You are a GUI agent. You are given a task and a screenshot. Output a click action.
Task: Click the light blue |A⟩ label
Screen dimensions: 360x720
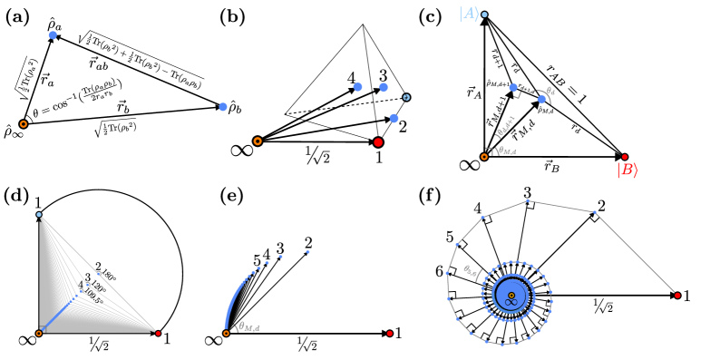click(x=468, y=14)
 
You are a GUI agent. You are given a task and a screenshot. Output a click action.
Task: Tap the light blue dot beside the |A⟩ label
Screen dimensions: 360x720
click(x=484, y=15)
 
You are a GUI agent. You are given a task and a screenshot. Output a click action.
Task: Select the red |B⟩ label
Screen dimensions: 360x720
click(x=627, y=170)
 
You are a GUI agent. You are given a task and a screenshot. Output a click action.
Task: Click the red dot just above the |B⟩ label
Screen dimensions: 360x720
click(x=624, y=157)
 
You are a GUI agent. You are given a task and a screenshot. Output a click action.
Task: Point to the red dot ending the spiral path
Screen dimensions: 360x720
click(x=677, y=296)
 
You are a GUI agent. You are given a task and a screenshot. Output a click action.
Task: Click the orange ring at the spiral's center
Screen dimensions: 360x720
click(x=511, y=296)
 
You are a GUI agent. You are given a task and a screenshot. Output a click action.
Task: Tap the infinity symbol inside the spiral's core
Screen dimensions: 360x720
click(x=510, y=303)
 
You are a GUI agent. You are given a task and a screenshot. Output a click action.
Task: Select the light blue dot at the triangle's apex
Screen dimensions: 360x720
click(x=39, y=215)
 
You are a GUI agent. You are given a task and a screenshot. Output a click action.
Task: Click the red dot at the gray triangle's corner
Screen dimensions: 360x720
click(x=158, y=334)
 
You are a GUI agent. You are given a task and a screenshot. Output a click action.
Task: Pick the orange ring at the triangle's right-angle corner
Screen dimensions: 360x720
click(x=39, y=334)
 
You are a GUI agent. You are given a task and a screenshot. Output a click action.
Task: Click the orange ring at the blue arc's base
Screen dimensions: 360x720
click(x=226, y=334)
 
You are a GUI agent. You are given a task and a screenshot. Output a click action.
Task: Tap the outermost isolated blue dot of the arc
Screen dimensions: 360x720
click(x=307, y=252)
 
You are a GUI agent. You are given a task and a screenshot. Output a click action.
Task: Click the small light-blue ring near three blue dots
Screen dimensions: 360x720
click(x=406, y=97)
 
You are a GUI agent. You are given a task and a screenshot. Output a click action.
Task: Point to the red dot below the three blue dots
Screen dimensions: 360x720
click(x=378, y=142)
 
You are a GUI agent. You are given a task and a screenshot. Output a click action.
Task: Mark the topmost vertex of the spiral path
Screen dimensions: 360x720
click(x=528, y=200)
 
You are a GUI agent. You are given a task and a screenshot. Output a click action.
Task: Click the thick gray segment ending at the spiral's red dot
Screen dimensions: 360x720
click(x=636, y=255)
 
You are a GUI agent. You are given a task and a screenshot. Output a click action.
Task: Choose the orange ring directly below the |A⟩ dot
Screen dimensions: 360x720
click(x=484, y=157)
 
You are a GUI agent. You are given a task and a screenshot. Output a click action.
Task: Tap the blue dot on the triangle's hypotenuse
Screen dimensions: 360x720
click(x=99, y=273)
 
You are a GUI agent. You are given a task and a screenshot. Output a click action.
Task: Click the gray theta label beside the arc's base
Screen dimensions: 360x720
click(x=247, y=327)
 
